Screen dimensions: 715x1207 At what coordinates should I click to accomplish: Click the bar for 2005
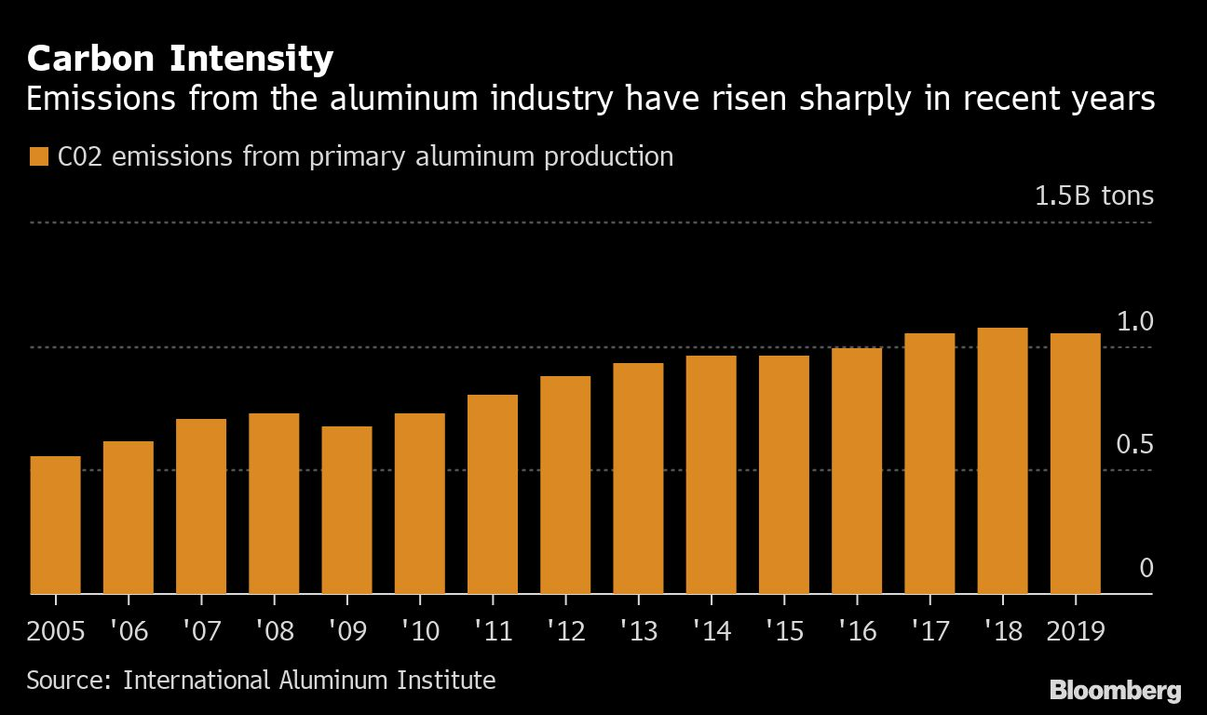[56, 525]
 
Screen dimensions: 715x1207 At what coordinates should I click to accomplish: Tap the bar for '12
[565, 485]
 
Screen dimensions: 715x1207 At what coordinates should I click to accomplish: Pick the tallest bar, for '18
[1002, 461]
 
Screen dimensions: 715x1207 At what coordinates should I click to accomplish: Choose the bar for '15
[783, 475]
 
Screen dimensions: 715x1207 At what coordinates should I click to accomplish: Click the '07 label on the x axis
[200, 631]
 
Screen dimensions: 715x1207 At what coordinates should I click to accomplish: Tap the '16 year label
[856, 631]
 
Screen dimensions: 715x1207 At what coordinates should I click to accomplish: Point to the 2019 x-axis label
[1075, 631]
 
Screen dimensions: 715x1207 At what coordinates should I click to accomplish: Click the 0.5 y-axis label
[1133, 445]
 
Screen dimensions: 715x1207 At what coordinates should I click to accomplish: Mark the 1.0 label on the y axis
[1134, 322]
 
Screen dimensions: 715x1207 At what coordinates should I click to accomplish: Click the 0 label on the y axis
[1146, 568]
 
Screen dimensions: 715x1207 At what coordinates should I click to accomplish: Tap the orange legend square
[38, 156]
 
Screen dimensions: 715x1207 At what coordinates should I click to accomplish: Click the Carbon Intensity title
[180, 60]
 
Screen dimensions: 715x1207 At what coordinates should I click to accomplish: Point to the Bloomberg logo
[1115, 691]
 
